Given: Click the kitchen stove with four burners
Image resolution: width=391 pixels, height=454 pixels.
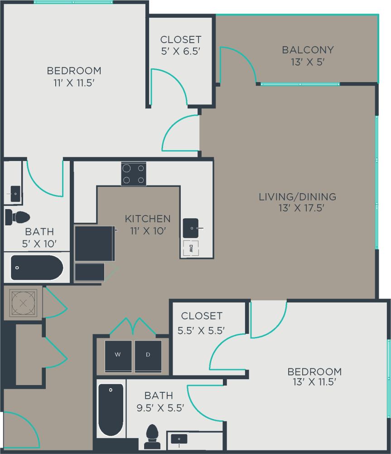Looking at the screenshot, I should [134, 174].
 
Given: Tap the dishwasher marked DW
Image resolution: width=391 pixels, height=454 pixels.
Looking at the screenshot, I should [191, 248].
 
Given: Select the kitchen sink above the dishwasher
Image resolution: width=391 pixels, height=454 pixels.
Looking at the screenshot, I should [191, 228].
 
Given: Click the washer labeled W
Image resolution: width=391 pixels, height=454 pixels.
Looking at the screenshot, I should [118, 355].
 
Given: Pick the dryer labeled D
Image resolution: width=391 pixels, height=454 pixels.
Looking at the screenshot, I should [148, 355].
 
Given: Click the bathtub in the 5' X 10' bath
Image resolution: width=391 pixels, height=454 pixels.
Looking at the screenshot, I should [37, 268].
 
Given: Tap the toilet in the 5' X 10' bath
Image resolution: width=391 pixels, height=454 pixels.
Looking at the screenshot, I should [17, 217].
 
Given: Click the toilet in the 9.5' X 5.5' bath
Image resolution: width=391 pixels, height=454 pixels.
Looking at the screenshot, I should [152, 436].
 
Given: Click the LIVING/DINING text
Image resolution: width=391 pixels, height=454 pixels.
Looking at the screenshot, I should [297, 197].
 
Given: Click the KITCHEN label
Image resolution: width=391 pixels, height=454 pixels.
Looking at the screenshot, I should [148, 219].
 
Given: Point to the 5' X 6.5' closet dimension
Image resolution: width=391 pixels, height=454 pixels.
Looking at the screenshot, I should [181, 51].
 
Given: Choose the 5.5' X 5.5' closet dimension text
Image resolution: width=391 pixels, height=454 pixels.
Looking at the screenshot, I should [202, 330].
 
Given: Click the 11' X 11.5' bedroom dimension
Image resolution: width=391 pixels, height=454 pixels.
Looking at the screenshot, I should [74, 82].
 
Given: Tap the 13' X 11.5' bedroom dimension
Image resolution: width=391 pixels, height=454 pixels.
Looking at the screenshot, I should [314, 382].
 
